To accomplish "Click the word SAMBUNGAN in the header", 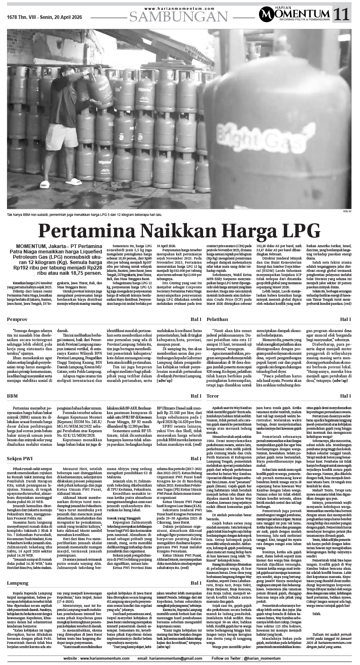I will (179, 16).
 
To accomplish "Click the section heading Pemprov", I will (17, 308).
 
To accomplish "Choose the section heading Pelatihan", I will (217, 308).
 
